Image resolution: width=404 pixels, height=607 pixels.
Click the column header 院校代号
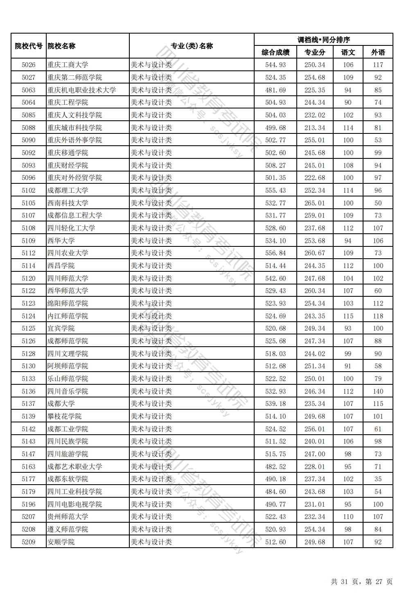tap(29, 46)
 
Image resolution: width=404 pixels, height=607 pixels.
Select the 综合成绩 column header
tap(275, 52)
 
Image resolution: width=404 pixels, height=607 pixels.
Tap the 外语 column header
tap(378, 52)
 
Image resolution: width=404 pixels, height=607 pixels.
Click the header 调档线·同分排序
tap(323, 40)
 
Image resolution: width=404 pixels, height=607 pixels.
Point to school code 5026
tap(29, 65)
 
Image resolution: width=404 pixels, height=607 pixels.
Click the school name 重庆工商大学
tap(68, 65)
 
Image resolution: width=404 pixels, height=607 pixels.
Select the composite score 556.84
tap(275, 253)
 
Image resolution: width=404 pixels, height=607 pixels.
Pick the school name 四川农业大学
tap(68, 253)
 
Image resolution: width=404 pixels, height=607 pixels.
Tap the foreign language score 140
tap(378, 391)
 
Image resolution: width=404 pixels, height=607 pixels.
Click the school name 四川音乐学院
tap(68, 391)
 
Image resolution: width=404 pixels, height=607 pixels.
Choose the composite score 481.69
tap(275, 90)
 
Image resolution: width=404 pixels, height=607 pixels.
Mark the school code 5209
tap(29, 542)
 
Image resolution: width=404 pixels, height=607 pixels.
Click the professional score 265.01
tap(315, 203)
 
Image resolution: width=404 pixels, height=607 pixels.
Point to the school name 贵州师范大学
tap(68, 517)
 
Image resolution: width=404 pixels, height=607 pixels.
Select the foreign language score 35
tap(378, 479)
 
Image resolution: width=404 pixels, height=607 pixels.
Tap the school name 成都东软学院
tap(68, 479)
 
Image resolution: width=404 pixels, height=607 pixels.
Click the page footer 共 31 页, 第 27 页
tap(361, 582)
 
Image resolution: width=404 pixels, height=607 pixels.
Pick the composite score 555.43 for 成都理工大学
tap(275, 190)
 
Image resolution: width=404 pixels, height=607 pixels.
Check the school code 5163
tap(29, 467)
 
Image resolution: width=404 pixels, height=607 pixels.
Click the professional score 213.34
tap(315, 128)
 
